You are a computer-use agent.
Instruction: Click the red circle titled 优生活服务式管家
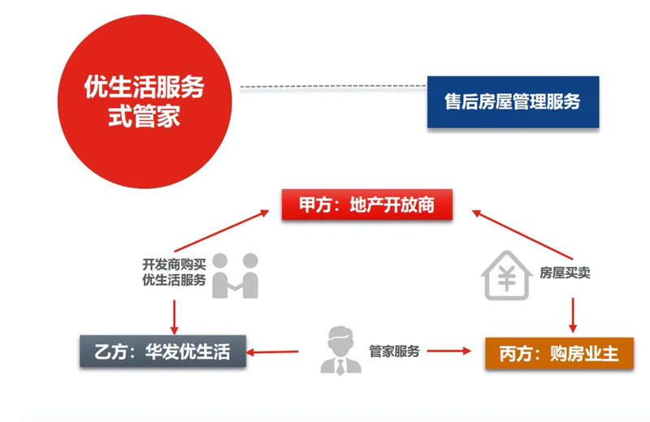(145, 101)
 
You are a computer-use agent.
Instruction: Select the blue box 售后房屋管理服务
(513, 102)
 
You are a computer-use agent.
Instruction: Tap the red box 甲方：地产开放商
(367, 205)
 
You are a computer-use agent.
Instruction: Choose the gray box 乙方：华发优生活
(163, 351)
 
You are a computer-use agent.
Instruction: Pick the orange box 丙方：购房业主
(560, 353)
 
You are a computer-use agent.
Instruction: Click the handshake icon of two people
(235, 276)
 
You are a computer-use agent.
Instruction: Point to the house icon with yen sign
(506, 275)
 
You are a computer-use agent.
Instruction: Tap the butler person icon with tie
(340, 351)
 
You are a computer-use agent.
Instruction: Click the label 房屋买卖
(565, 273)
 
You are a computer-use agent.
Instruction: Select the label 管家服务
(394, 351)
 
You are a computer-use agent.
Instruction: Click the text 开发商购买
(174, 265)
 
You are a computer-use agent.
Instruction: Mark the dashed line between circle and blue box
(333, 87)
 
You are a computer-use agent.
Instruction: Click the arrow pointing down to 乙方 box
(174, 317)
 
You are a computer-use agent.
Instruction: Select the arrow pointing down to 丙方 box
(573, 315)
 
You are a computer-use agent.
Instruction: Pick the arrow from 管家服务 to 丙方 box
(449, 351)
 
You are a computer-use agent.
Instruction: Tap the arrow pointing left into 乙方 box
(272, 352)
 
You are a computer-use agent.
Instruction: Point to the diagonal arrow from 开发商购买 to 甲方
(222, 230)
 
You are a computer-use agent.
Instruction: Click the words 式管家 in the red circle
(145, 115)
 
